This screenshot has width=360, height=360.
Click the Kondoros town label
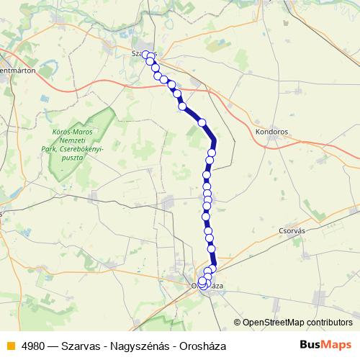pyautogui.click(x=271, y=132)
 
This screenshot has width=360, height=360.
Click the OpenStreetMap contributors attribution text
pyautogui.click(x=297, y=323)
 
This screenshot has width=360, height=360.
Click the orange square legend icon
pyautogui.click(x=9, y=346)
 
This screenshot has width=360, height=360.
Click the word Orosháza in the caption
pyautogui.click(x=203, y=346)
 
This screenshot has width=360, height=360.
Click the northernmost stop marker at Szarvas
pyautogui.click(x=145, y=54)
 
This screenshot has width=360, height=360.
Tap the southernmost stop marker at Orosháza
pyautogui.click(x=202, y=286)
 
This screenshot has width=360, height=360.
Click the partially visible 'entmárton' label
pyautogui.click(x=17, y=71)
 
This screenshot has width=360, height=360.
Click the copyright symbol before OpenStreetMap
pyautogui.click(x=238, y=323)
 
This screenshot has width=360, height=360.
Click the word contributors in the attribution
pyautogui.click(x=329, y=323)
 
